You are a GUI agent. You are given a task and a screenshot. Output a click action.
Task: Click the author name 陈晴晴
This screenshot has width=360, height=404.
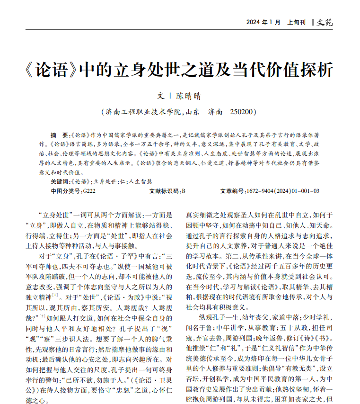tap(189, 96)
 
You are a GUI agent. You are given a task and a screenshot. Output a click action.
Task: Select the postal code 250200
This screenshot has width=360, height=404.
tap(243, 112)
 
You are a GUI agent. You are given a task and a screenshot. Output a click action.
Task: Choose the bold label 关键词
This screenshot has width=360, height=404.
tap(59, 181)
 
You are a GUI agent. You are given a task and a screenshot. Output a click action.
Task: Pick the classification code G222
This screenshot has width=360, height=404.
tap(88, 191)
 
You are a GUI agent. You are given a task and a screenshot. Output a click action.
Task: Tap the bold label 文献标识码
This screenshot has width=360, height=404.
tap(164, 191)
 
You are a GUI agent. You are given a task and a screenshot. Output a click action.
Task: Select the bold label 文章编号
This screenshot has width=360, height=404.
tap(233, 191)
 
